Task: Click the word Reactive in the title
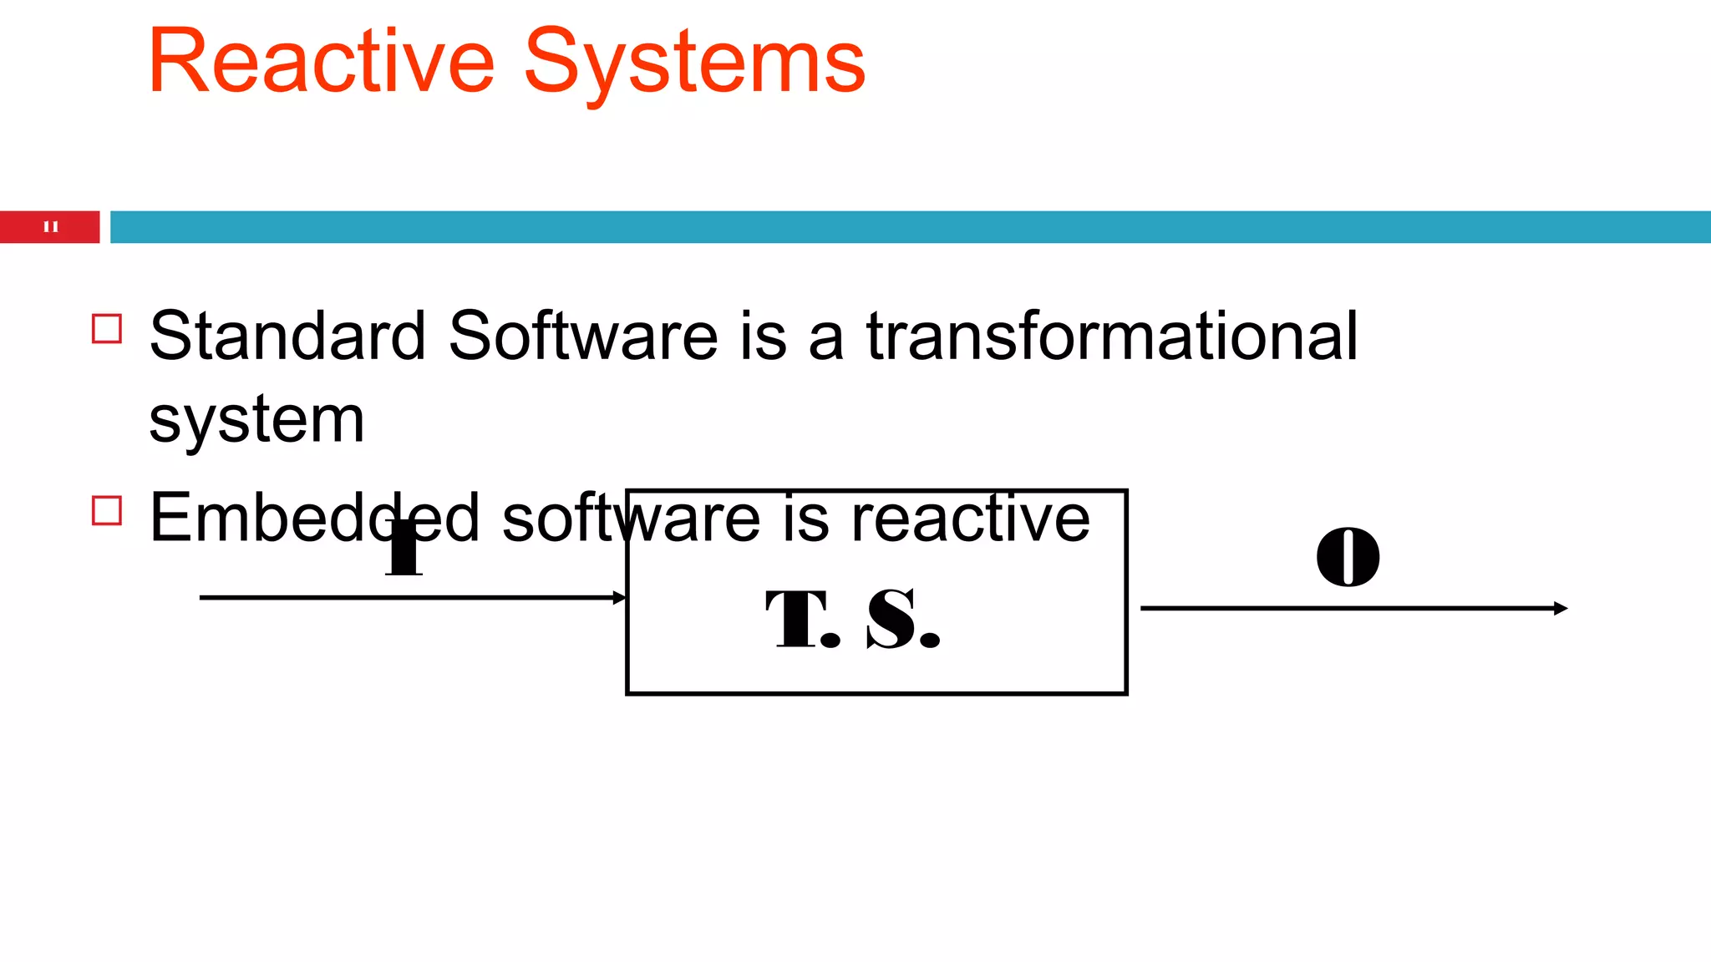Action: tap(321, 63)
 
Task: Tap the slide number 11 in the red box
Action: tap(50, 226)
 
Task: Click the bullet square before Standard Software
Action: tap(107, 329)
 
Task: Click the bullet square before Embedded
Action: tap(107, 510)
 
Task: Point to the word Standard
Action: tap(287, 336)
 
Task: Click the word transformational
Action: tap(1111, 336)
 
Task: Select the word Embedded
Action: tap(314, 518)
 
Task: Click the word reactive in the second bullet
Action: tap(970, 518)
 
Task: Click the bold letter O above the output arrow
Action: tap(1348, 557)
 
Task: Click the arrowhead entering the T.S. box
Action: tap(619, 598)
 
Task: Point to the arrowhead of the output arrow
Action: tap(1561, 609)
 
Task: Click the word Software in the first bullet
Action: tap(582, 336)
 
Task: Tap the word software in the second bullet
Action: tap(631, 518)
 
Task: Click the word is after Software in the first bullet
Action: tap(763, 336)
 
